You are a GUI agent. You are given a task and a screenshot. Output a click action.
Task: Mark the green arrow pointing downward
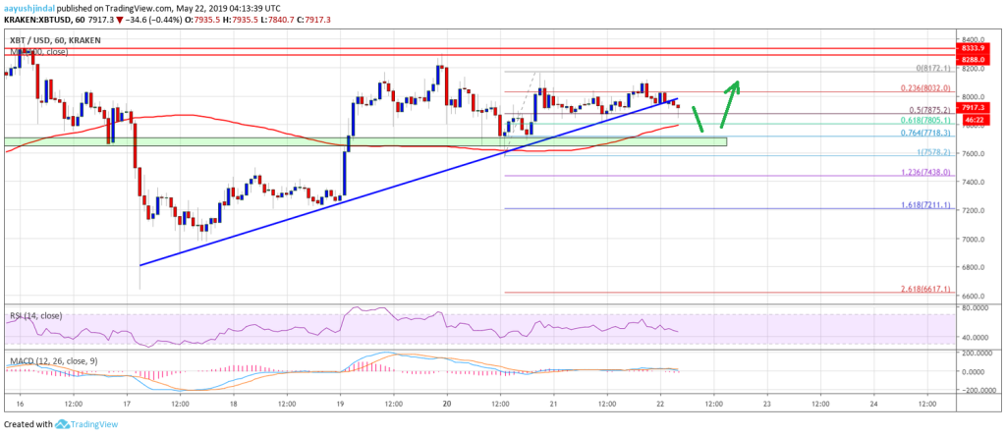pos(699,119)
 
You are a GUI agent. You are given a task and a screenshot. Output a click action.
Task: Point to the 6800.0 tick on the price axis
pos(974,267)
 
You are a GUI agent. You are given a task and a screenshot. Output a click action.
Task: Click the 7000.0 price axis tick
pos(974,239)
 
